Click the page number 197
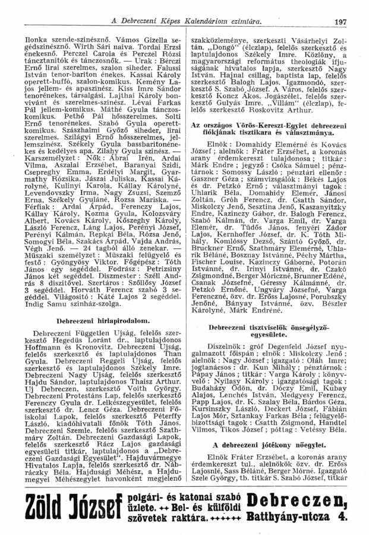coord(340,22)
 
